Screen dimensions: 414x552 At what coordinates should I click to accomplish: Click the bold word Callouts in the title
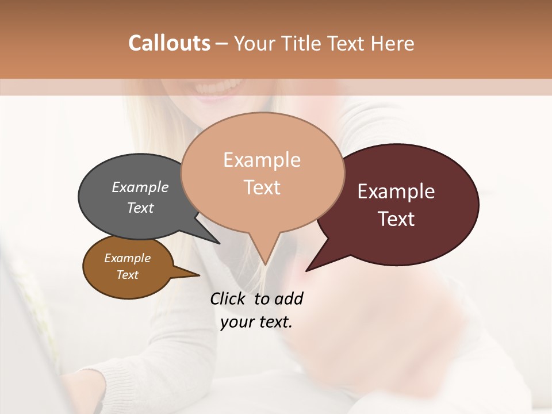coord(169,43)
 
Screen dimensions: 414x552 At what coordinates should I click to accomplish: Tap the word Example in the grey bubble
coord(140,187)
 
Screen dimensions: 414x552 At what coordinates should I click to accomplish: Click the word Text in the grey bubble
coord(140,208)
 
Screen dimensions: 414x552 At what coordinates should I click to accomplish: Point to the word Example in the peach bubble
coord(262,160)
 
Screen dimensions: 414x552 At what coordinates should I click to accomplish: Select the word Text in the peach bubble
coord(262,187)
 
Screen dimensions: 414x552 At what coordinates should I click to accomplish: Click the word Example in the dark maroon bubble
coord(396,191)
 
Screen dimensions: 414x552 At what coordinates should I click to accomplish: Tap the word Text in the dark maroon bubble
coord(397,219)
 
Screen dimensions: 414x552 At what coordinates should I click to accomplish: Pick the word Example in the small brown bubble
coord(127,258)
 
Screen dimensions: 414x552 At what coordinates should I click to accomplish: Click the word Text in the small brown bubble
coord(127,275)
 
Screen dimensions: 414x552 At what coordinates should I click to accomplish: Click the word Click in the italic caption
coord(229,298)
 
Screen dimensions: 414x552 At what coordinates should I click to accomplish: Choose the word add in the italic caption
coord(289,298)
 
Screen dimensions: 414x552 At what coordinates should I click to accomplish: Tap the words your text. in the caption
coord(256,323)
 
